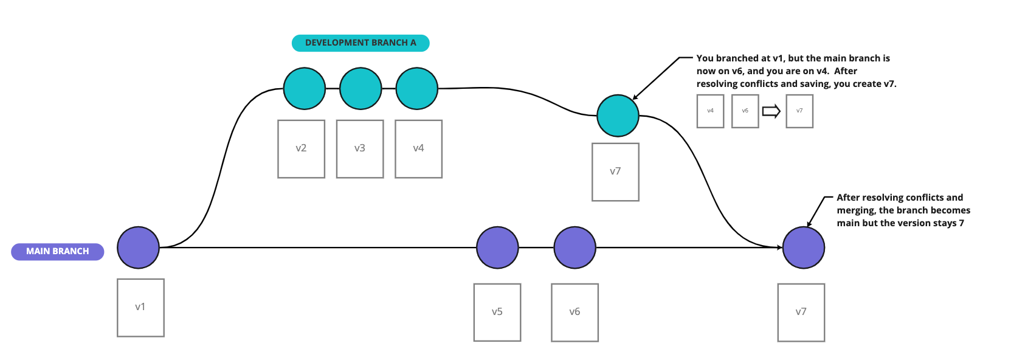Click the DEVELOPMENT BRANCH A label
point(361,43)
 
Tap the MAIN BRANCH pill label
point(58,251)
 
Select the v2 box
point(302,149)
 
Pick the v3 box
point(360,149)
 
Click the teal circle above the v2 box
point(304,89)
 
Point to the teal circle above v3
point(361,89)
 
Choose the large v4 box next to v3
point(419,149)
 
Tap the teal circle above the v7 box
point(618,116)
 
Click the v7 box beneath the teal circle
point(615,172)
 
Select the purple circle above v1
point(138,247)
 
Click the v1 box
point(140,308)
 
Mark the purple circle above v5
point(497,247)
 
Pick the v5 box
point(497,313)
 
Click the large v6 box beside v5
point(575,313)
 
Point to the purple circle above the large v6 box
point(575,247)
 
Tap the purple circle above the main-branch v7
point(803,247)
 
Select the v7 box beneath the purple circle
point(801,313)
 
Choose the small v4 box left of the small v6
point(710,111)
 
